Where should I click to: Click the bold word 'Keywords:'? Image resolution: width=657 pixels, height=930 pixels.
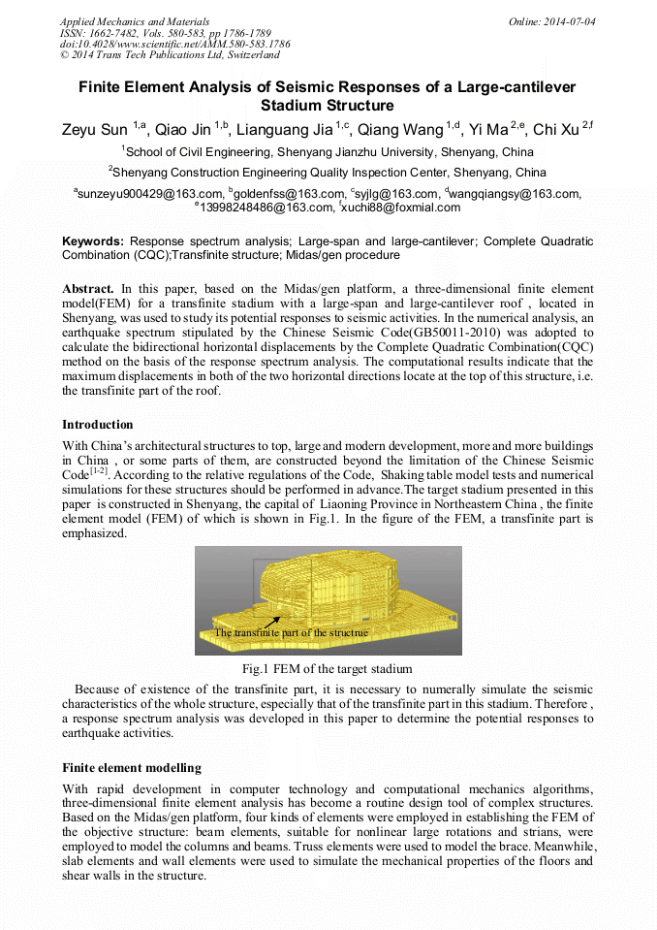93,241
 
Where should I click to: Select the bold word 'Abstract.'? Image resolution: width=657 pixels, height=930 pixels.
88,289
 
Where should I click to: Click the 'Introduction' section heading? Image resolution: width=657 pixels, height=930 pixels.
98,425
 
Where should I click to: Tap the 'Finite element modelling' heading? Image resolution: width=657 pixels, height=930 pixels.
131,768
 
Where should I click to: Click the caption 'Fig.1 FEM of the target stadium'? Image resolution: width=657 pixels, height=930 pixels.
328,669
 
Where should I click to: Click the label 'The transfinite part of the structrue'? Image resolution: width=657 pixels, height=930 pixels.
291,632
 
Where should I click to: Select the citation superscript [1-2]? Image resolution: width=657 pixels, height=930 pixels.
100,472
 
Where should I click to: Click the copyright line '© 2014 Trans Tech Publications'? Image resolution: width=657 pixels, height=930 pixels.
170,55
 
